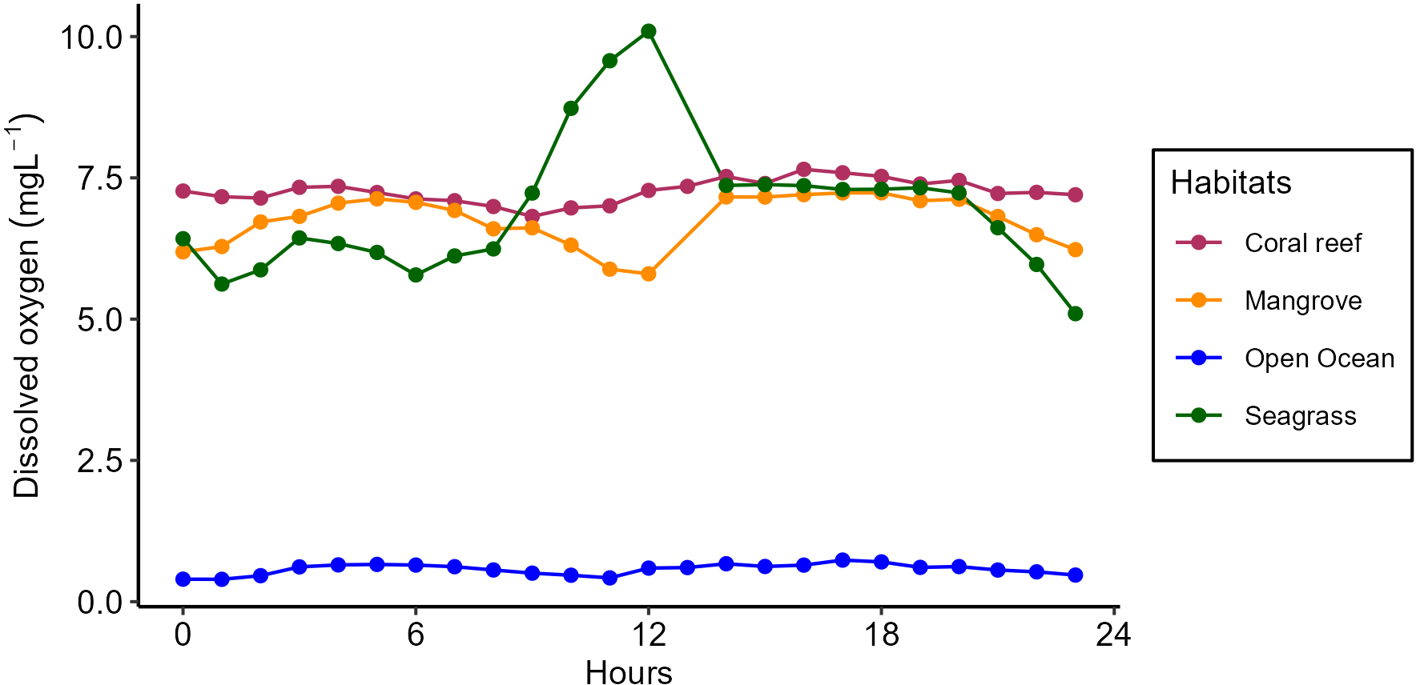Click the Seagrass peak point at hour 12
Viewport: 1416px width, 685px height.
(x=649, y=31)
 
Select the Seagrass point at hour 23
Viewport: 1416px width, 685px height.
(x=1076, y=314)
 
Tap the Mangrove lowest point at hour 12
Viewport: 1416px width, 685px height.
(x=649, y=274)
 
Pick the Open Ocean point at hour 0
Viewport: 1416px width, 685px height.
(x=183, y=579)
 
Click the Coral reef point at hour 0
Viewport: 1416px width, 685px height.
(x=183, y=191)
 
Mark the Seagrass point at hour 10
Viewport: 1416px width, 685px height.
(x=571, y=108)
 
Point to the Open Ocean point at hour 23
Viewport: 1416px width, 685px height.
(x=1076, y=575)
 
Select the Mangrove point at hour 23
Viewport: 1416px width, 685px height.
(x=1076, y=250)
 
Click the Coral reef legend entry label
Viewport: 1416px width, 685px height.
(x=1302, y=243)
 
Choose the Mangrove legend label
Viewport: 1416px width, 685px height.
(x=1302, y=301)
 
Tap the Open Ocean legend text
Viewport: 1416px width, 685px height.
(x=1319, y=359)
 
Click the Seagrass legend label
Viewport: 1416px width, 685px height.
(x=1300, y=416)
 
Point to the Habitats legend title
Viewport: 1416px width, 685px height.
(x=1230, y=183)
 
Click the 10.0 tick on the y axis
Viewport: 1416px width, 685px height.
(x=92, y=37)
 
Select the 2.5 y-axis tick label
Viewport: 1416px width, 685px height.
(x=100, y=461)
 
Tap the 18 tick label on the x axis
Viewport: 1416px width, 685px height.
(x=881, y=635)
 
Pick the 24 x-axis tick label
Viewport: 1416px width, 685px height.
(x=1113, y=635)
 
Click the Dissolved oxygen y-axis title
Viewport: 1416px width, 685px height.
(x=26, y=306)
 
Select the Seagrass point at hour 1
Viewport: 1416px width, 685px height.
(x=222, y=284)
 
